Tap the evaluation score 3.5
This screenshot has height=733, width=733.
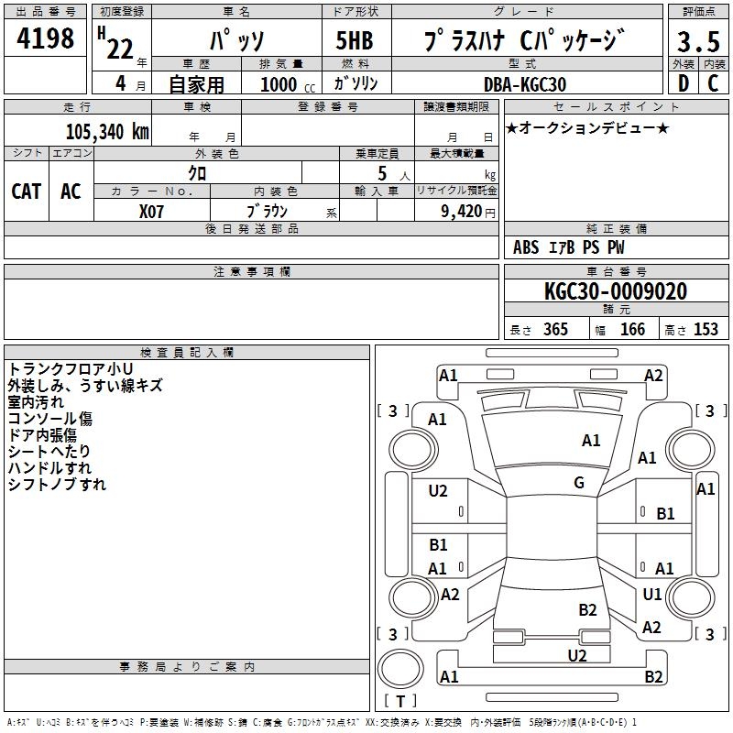click(697, 41)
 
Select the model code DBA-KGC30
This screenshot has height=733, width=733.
click(525, 84)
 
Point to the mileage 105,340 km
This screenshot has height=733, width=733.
click(107, 131)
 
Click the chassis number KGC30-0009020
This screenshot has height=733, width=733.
click(615, 291)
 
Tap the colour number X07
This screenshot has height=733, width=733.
click(152, 212)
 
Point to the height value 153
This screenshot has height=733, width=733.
click(705, 330)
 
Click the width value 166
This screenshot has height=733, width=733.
click(632, 330)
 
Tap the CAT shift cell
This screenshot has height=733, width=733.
click(26, 191)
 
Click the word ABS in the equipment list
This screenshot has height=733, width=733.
click(526, 247)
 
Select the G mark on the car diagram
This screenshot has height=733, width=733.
click(579, 483)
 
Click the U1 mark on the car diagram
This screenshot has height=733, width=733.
click(652, 595)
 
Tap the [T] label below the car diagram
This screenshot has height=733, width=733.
click(400, 702)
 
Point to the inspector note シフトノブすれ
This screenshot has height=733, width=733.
click(57, 485)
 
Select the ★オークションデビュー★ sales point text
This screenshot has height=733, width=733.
click(587, 128)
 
